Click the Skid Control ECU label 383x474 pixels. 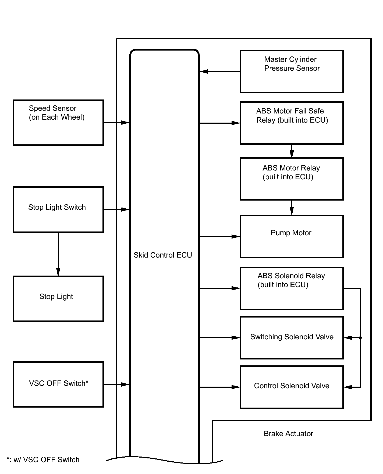click(163, 255)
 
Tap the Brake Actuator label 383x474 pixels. click(288, 433)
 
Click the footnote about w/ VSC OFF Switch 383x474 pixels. click(43, 459)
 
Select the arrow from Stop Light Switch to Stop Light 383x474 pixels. click(58, 254)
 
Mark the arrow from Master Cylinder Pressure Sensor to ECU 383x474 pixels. click(220, 72)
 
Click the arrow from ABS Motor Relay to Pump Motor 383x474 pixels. click(292, 208)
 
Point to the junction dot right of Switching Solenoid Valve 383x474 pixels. click(360, 338)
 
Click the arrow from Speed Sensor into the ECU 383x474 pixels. click(116, 123)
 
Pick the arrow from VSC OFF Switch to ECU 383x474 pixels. click(116, 384)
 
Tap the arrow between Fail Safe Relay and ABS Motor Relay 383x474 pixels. click(292, 151)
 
